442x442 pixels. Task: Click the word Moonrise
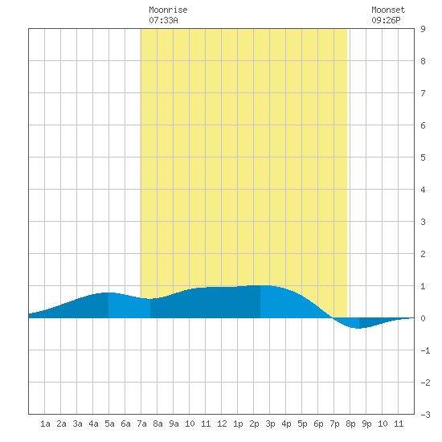pos(168,10)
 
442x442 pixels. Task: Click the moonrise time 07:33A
pos(163,20)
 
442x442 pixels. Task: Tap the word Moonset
pos(388,10)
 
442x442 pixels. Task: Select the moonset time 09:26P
pos(386,20)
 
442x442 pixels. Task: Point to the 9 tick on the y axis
pos(423,29)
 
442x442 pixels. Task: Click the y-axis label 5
pos(423,158)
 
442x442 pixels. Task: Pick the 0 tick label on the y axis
pos(423,318)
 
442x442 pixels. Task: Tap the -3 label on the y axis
pos(425,415)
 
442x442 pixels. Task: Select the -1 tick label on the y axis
pos(425,350)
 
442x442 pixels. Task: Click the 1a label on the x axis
pos(45,424)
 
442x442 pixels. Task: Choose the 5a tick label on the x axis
pos(109,424)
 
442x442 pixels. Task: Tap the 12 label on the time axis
pos(222,424)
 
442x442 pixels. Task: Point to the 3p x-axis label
pos(270,424)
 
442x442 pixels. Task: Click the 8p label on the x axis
pos(350,424)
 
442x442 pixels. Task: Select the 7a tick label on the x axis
pos(141,424)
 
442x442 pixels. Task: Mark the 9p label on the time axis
pos(366,424)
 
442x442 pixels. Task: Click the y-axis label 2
pos(423,254)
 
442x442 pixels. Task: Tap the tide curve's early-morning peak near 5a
pos(108,293)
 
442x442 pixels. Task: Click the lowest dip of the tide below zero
pos(358,328)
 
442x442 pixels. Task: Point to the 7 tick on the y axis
pos(423,93)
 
